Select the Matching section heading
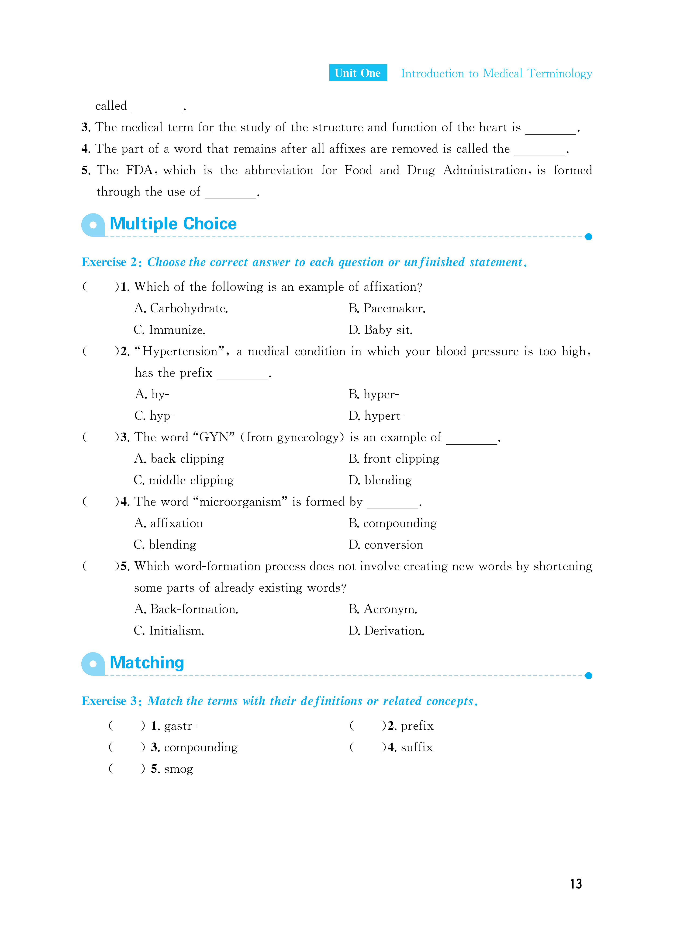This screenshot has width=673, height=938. pos(147,663)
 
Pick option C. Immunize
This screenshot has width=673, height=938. pos(169,330)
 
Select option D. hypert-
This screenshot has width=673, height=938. pos(376,416)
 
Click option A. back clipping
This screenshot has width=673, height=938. pos(179,459)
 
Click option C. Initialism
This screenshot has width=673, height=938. pos(169,631)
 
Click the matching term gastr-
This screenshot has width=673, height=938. pos(180,726)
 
